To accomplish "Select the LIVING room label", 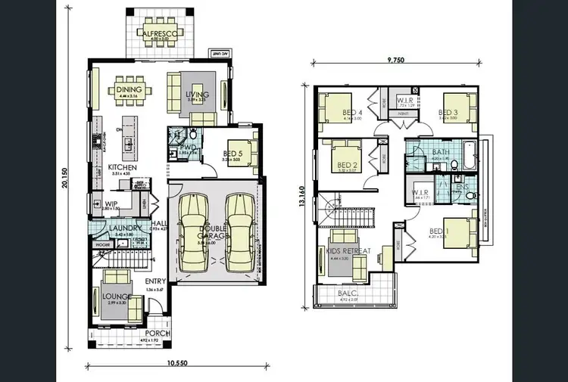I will pos(197,94).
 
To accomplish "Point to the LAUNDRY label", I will pos(121,228).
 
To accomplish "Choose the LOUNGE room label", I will pos(116,296).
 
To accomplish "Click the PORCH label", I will pos(158,333).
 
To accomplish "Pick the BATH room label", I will pos(440,152).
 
